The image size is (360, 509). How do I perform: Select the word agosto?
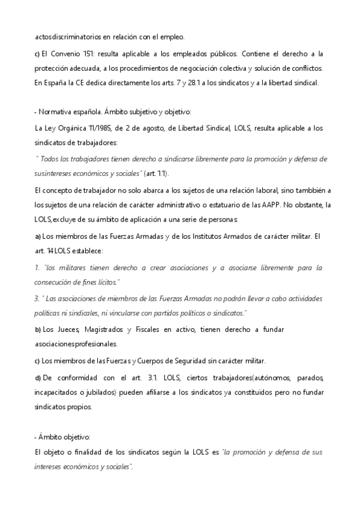point(158,128)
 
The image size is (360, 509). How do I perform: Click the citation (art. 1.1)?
point(156,173)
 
